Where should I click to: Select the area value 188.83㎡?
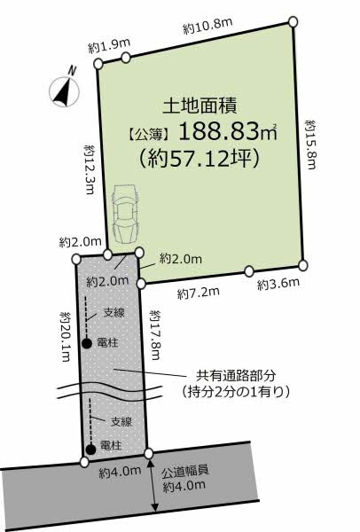coord(228,134)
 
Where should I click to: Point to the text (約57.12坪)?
coord(198,160)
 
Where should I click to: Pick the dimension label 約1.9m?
coord(109,43)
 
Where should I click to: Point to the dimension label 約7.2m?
coord(198,293)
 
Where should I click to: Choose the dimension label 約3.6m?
coord(278,284)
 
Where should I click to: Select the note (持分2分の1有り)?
coord(237,391)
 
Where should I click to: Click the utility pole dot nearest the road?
coord(90,449)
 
